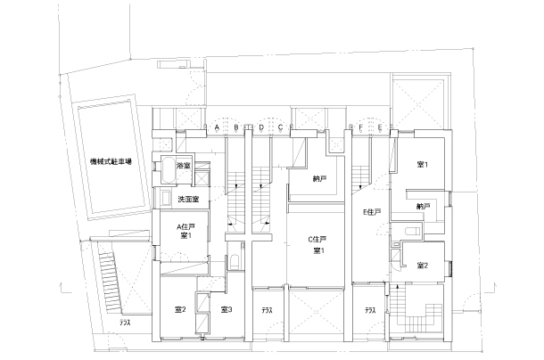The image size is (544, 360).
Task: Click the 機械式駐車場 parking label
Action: (111, 161)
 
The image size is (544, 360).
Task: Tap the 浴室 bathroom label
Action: (183, 166)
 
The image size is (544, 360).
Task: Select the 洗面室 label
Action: (188, 200)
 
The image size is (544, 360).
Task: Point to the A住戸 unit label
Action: (185, 227)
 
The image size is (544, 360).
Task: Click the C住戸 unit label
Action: (317, 240)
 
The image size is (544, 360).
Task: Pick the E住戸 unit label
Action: (372, 212)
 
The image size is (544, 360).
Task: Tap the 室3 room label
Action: (227, 309)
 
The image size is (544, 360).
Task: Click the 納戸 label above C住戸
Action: (319, 179)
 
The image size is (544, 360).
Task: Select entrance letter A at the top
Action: (217, 127)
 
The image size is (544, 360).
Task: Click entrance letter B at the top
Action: (236, 127)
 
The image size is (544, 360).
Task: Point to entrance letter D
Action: (261, 127)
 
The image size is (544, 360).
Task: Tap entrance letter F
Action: (361, 127)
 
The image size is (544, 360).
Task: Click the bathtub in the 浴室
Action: (169, 170)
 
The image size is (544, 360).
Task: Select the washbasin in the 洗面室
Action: (164, 199)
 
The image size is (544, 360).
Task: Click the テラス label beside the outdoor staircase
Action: (125, 323)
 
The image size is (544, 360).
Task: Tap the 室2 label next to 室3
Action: (180, 309)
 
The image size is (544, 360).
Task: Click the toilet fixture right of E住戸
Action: (413, 231)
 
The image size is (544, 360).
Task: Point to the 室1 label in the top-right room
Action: (422, 165)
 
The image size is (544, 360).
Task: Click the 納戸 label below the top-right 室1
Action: (424, 207)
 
